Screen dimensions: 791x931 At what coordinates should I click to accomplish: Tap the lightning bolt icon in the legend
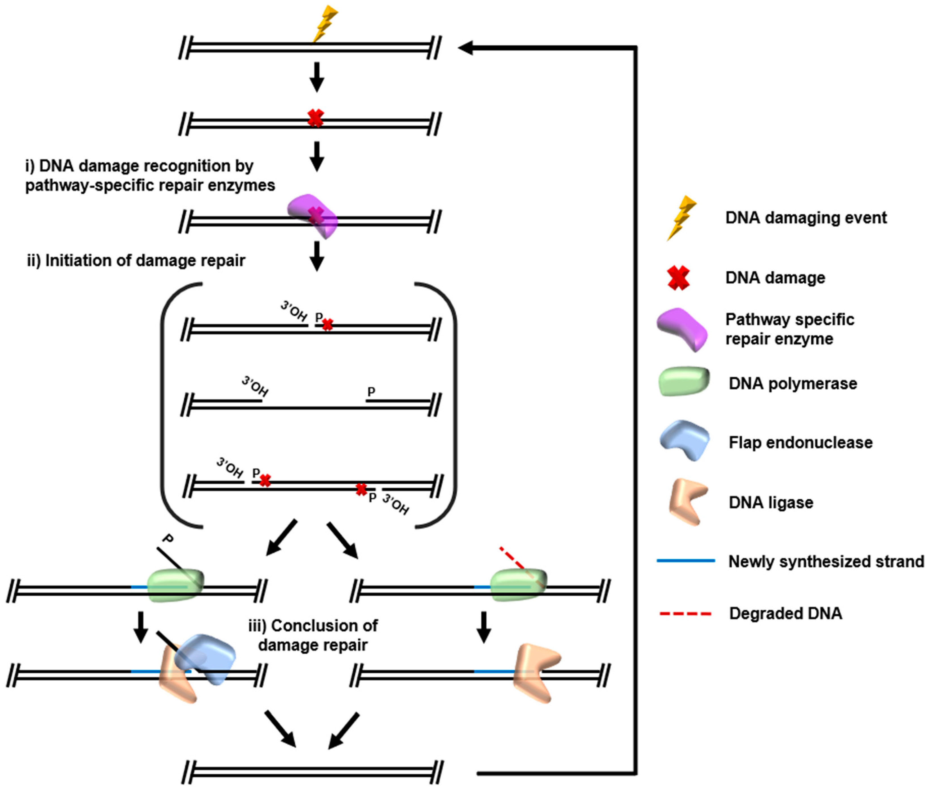(x=681, y=218)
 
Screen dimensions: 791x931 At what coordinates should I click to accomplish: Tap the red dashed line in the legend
(x=685, y=613)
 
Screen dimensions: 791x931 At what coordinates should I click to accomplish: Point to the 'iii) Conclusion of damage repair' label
(x=313, y=635)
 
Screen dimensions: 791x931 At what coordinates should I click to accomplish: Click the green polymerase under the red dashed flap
(x=518, y=585)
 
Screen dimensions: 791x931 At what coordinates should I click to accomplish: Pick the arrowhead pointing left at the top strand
(x=466, y=48)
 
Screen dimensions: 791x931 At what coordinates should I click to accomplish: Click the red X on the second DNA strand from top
(x=315, y=119)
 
